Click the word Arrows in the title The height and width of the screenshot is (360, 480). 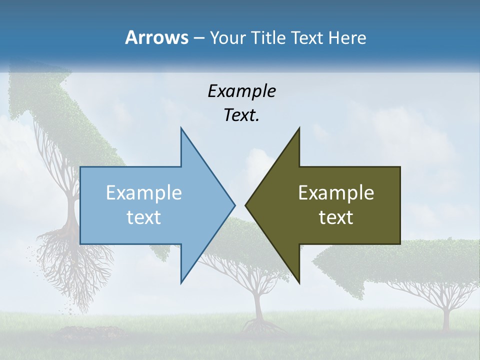coord(156,37)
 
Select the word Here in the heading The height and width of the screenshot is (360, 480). coord(347,37)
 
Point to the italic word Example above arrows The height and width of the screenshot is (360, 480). coord(241,91)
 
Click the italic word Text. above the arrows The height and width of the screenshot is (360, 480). coord(241,115)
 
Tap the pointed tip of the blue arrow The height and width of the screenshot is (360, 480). coord(234,204)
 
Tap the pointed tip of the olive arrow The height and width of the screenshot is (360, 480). coord(245,204)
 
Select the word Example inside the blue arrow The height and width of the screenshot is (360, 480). coord(144,193)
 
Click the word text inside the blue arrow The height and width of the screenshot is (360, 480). coord(144,217)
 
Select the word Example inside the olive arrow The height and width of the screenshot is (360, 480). coord(336,193)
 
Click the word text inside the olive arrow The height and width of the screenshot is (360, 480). coord(336,217)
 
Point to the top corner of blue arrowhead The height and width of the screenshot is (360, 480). coord(181,128)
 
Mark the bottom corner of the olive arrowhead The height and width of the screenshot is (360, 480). coord(299,283)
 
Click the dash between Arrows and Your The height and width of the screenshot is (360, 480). coord(198,38)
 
